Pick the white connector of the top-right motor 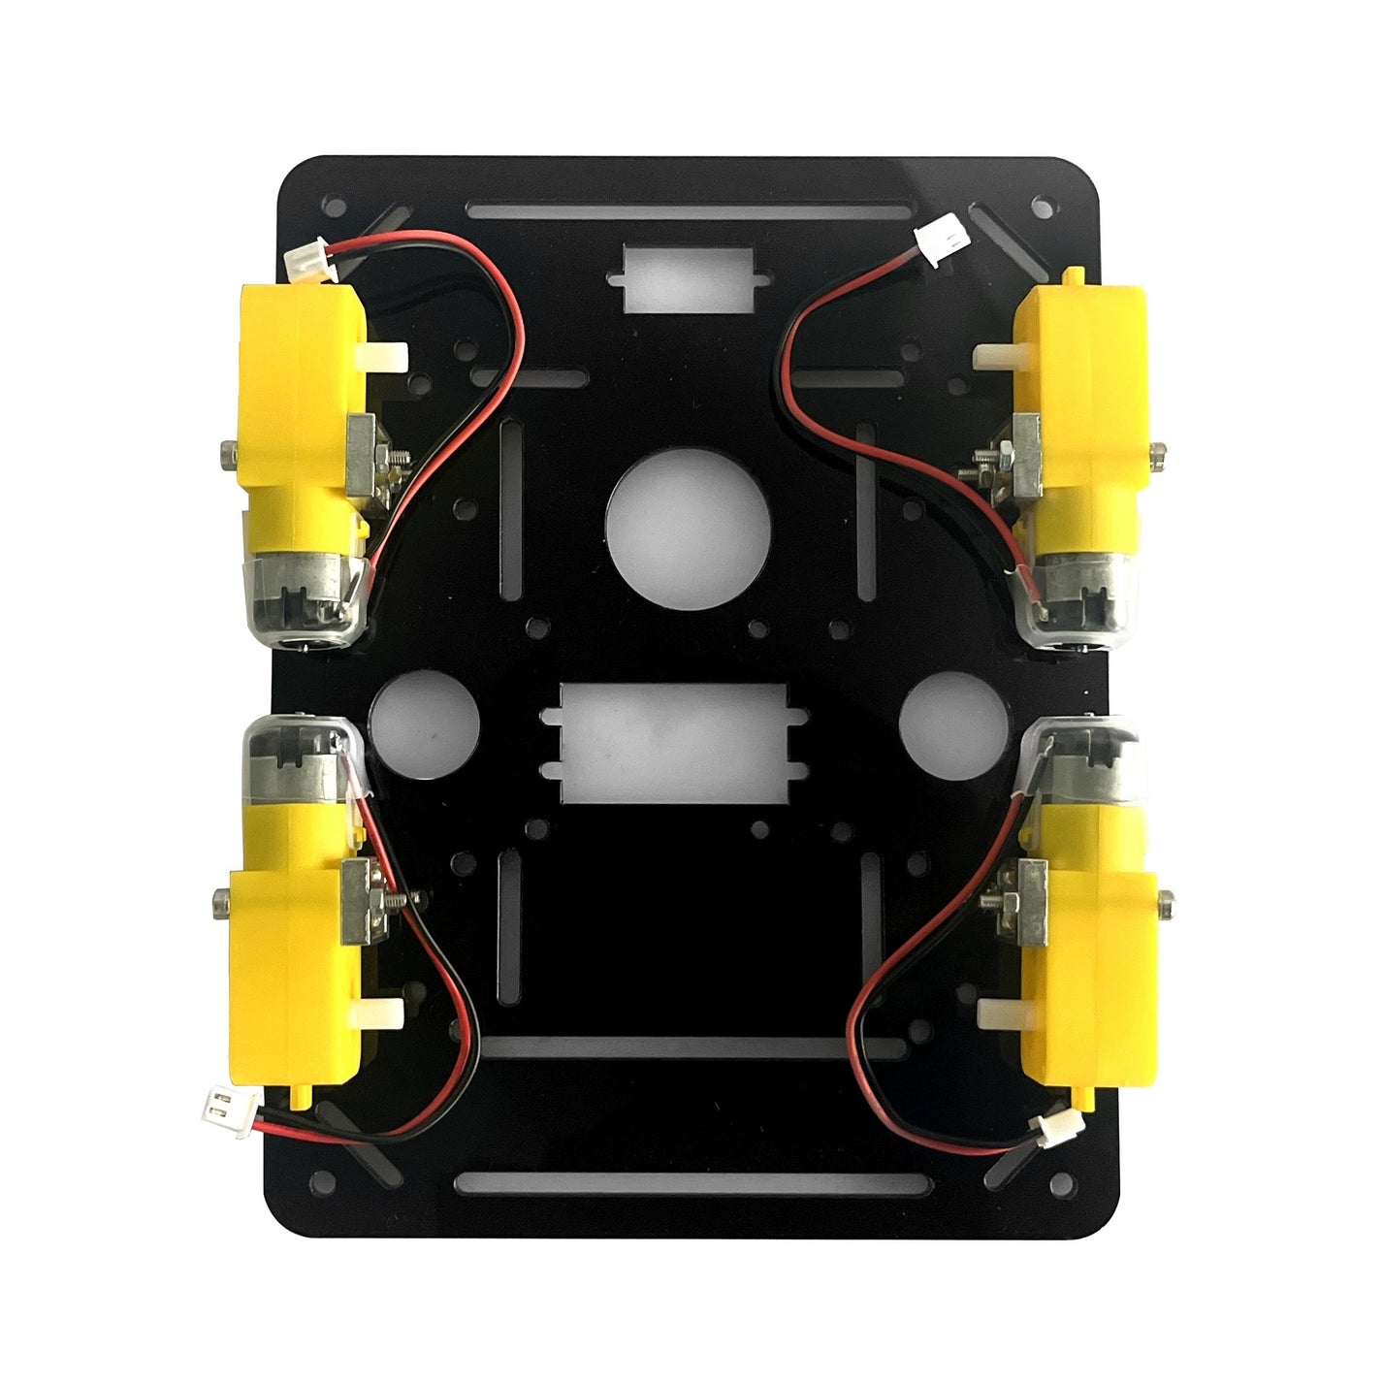(x=942, y=238)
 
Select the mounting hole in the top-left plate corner (x=334, y=207)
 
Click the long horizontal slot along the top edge (x=689, y=211)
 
